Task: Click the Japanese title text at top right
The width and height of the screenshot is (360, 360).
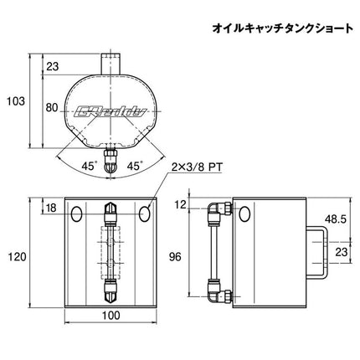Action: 283,29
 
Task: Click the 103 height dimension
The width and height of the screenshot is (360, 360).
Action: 16,101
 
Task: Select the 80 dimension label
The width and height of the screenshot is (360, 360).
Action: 52,107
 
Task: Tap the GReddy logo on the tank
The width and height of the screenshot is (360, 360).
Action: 111,111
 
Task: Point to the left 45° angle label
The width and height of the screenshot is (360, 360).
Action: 89,167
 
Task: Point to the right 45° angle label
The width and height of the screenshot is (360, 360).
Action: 135,167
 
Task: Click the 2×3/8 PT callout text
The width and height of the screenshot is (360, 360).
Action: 197,167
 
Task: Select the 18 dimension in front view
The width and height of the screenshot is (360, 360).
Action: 51,208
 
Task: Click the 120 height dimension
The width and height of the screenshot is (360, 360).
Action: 17,257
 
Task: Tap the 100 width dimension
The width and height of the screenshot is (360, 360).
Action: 111,316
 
